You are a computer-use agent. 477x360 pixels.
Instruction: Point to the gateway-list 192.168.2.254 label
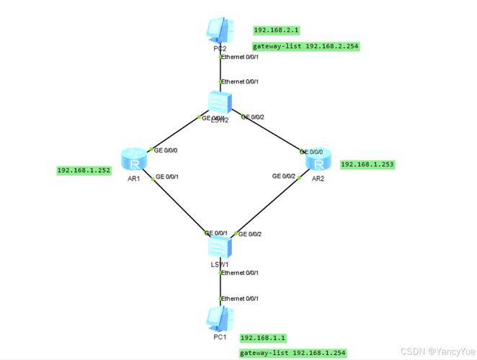306,46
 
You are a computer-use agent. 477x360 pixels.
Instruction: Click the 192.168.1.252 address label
84,171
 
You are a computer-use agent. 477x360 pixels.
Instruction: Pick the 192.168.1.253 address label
367,164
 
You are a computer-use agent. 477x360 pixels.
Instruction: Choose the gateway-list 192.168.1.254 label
293,353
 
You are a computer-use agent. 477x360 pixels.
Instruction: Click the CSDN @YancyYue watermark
438,352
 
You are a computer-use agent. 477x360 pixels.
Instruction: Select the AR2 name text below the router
318,179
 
